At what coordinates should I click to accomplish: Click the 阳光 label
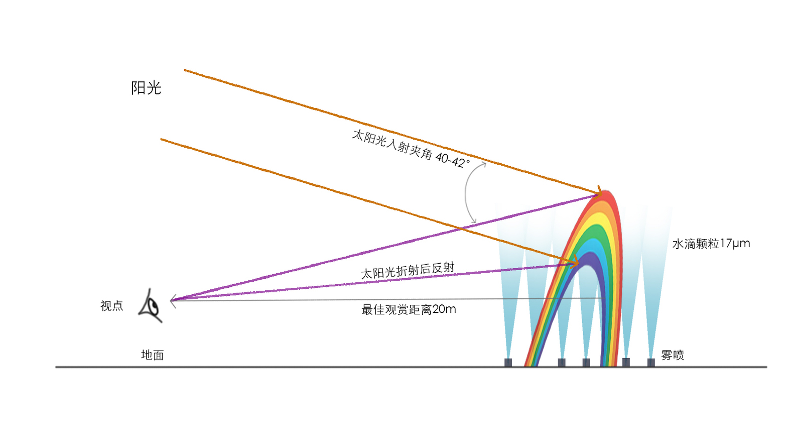tap(146, 88)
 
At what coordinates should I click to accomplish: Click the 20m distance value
tap(444, 309)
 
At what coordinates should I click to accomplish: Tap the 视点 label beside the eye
tap(111, 306)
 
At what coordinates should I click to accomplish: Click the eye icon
tap(150, 306)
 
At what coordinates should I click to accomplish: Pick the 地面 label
tap(152, 355)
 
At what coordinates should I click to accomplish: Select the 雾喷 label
tap(673, 355)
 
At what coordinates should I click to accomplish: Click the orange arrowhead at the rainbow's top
tap(598, 191)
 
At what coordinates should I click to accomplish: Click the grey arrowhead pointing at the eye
tap(173, 301)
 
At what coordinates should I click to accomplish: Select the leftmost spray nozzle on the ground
tap(508, 362)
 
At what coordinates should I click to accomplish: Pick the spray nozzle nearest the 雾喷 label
tap(651, 362)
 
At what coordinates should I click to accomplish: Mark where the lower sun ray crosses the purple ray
tap(461, 229)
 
